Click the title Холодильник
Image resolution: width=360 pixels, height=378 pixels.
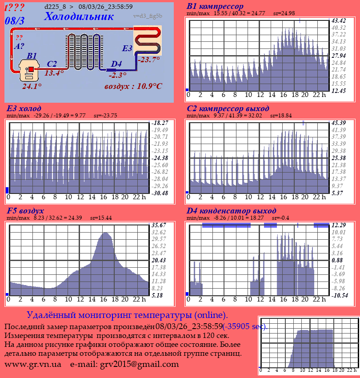pos(79,16)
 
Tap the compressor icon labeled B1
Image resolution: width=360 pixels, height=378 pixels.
pos(29,71)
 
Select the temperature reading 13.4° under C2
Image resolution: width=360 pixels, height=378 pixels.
pos(54,73)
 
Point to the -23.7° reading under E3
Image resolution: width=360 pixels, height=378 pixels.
pos(148,60)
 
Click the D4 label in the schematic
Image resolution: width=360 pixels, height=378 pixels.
pos(116,64)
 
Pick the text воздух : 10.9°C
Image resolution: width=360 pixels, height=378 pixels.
pos(133,86)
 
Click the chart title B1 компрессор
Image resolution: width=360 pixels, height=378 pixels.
pos(215,7)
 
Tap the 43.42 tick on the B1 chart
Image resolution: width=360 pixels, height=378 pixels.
pos(339,20)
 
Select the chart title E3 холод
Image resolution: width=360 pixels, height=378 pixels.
pos(24,109)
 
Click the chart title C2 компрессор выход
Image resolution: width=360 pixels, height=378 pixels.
pos(228,109)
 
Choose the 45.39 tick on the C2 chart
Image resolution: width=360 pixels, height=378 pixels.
pos(339,123)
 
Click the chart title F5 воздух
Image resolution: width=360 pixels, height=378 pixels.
pos(25,211)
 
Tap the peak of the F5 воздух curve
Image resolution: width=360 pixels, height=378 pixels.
pos(106,233)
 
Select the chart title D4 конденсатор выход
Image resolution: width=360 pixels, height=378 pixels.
pos(232,211)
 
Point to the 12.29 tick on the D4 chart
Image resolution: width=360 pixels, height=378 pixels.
pos(339,225)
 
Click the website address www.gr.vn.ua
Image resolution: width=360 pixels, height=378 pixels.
pos(33,364)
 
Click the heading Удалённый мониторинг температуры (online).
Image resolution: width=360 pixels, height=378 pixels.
pos(127,315)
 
